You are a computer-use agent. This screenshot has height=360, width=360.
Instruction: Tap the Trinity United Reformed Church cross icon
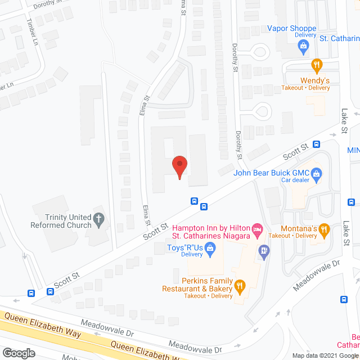point(99,219)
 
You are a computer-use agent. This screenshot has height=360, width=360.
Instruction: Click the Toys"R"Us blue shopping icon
point(210,247)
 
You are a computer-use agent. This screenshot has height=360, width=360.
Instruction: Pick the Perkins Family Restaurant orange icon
point(240,286)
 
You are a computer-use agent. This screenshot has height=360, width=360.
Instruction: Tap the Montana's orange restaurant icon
point(323,229)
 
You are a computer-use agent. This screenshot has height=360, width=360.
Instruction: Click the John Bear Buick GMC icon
point(317,174)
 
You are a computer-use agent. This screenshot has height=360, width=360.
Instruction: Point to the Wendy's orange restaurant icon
point(317,64)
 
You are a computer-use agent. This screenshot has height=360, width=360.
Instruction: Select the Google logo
point(18,353)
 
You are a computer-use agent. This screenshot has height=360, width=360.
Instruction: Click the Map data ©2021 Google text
point(325,355)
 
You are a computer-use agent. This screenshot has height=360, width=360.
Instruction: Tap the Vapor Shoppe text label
point(291,28)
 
